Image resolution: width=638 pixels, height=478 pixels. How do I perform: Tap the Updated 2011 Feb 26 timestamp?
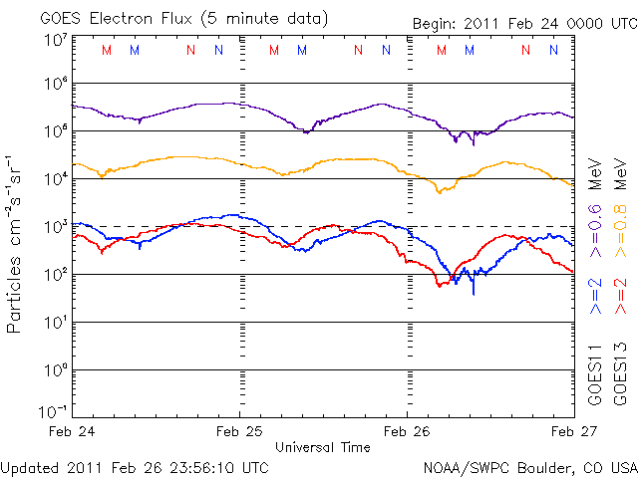click(x=135, y=466)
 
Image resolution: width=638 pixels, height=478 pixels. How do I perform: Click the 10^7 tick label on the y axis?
click(x=55, y=40)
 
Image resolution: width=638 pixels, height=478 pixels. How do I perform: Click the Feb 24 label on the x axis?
click(x=73, y=431)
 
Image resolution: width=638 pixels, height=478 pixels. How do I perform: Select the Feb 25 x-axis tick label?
click(x=239, y=431)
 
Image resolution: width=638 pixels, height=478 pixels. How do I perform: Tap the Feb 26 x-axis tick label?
click(x=407, y=431)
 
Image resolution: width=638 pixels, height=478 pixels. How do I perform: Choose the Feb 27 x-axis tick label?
click(x=572, y=431)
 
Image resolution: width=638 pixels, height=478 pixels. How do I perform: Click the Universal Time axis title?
click(x=323, y=447)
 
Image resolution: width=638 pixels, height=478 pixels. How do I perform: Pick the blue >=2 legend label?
click(x=595, y=297)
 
